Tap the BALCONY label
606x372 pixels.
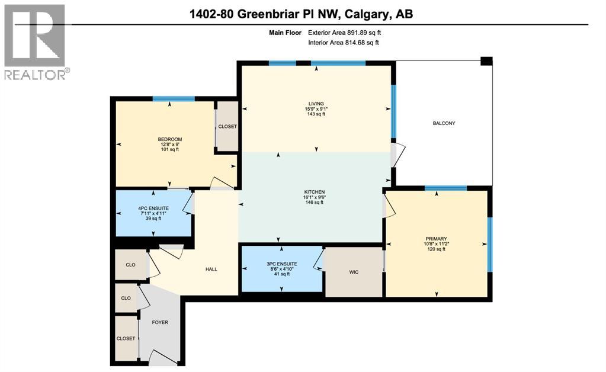tap(444, 123)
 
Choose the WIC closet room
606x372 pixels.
tap(354, 272)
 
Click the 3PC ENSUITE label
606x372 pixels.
tap(281, 264)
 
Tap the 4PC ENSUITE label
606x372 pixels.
tap(153, 207)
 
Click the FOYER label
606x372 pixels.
tap(160, 323)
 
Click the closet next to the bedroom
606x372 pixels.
tap(227, 127)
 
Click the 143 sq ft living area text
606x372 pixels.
tap(315, 114)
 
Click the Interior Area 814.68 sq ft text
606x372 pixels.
tap(344, 43)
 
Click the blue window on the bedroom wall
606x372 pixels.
tap(174, 99)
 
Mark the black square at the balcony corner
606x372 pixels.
tap(486, 61)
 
